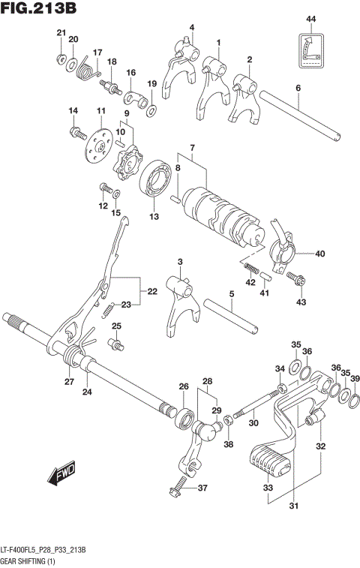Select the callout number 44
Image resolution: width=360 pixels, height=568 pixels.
point(310,18)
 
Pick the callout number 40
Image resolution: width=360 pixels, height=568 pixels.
point(319,254)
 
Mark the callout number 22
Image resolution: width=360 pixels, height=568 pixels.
point(152,291)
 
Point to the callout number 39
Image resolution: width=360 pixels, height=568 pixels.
point(354,379)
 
